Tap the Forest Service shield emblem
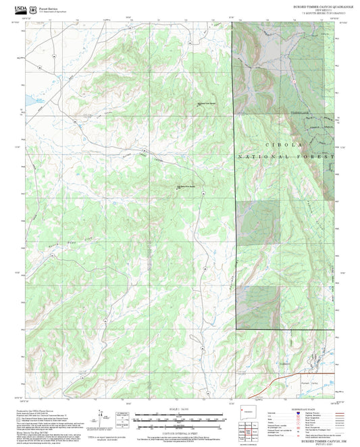coord(34,9)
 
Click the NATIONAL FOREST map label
coord(285,156)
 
